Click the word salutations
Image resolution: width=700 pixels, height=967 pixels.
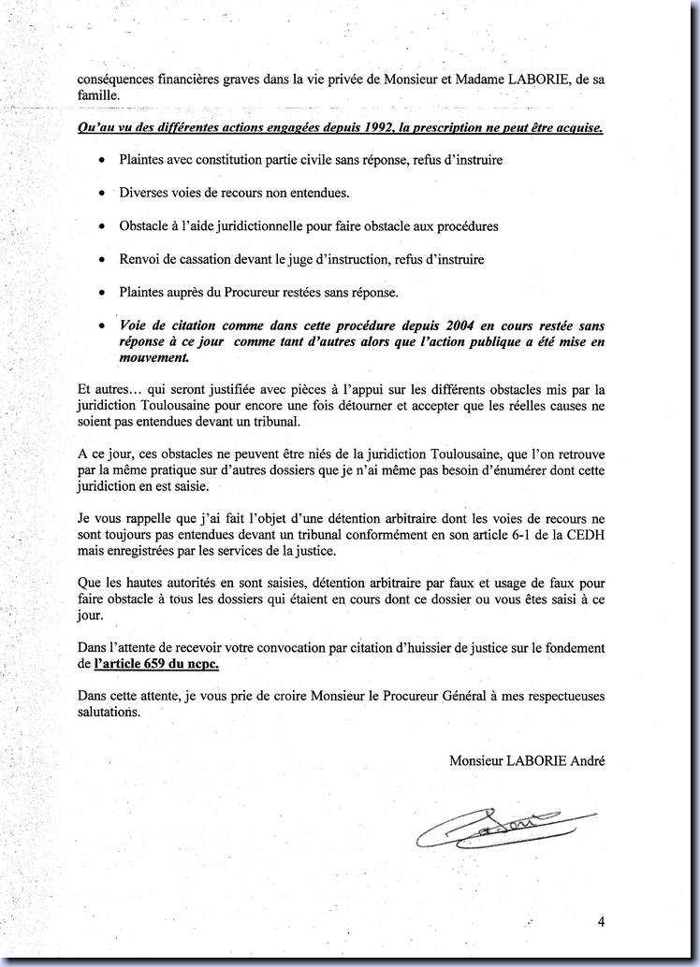point(108,713)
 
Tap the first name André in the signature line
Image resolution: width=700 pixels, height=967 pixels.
point(586,761)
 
